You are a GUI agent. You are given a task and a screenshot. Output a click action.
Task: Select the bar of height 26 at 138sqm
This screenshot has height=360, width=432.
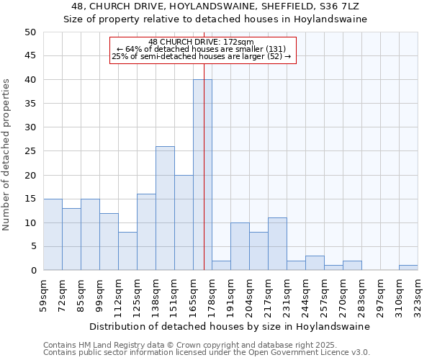pos(165,208)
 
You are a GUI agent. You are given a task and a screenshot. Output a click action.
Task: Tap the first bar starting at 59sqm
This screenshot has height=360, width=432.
pos(53,235)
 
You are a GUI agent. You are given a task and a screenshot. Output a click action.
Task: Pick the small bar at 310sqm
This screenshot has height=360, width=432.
pos(408,268)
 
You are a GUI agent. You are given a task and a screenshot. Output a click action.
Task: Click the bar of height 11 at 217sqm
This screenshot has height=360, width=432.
pos(277,244)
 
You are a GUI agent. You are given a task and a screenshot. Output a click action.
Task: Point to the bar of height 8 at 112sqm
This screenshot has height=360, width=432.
pos(127,251)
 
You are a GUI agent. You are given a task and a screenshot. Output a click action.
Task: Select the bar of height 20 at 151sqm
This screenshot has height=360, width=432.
pos(184,222)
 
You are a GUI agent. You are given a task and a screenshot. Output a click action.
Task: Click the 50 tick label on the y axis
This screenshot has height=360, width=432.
pos(30,32)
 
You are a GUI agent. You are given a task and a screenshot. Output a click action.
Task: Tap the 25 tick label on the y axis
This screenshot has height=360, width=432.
pos(30,151)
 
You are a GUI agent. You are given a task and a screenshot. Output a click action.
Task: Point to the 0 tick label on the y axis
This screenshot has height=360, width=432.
pos(32,271)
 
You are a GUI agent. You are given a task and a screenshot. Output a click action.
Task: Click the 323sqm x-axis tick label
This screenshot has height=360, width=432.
pos(418,295)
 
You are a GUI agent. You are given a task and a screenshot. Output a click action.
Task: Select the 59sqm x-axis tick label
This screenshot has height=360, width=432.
pos(44,295)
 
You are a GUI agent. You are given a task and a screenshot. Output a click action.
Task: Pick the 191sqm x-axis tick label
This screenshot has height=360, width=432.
pos(231,295)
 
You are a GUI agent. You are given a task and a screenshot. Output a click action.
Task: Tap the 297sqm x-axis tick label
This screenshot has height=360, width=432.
pos(381,295)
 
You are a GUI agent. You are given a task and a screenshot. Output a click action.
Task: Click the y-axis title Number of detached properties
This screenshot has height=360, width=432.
pos(7,151)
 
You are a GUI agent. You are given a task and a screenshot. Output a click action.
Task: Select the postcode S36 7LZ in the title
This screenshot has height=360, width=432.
pos(336,6)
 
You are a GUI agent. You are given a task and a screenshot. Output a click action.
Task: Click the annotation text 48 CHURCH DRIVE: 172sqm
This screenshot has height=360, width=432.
pos(201,42)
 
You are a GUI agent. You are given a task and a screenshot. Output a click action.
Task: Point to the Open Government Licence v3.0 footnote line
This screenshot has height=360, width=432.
pos(207,352)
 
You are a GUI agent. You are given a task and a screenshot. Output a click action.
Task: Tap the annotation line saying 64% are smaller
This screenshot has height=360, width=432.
pos(201,49)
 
